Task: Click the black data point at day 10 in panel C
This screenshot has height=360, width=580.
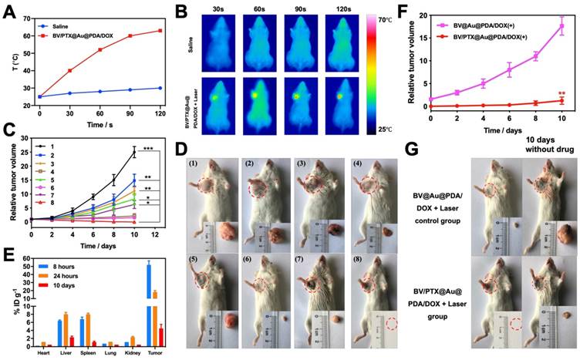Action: [135, 151]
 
